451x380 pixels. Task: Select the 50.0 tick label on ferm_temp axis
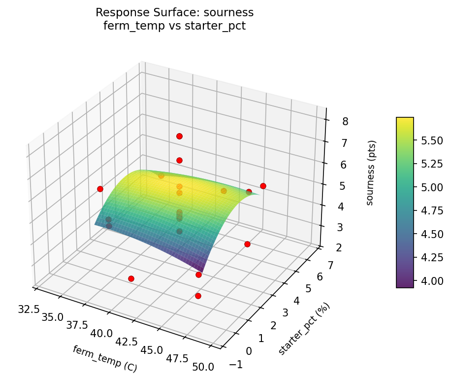point(203,367)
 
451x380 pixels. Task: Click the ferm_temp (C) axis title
point(104,359)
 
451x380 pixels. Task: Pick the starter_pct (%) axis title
point(304,329)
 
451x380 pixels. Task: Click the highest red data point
point(179,136)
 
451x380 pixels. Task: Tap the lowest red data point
point(198,296)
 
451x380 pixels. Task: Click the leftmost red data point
point(100,189)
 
